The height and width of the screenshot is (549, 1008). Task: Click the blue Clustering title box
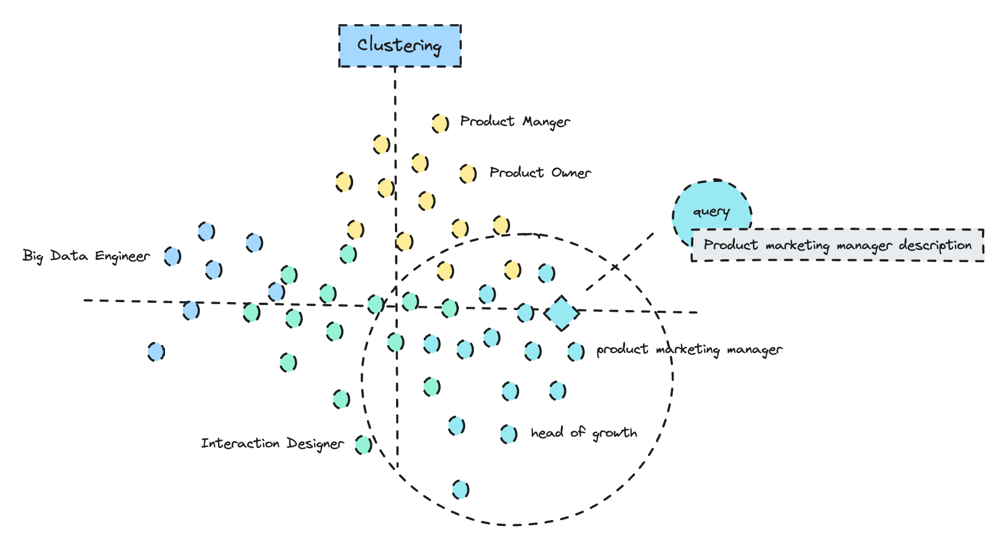click(399, 46)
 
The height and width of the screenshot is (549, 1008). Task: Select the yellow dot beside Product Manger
click(440, 123)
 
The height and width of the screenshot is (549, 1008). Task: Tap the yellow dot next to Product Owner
click(467, 173)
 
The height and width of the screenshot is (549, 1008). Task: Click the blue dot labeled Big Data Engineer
click(172, 256)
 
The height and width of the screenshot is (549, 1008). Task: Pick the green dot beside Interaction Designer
click(363, 445)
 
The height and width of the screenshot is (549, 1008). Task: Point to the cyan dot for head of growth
click(509, 434)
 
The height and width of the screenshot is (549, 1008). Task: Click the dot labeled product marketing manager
click(576, 351)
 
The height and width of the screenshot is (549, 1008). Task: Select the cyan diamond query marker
click(562, 313)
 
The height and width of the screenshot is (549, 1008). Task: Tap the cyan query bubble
click(711, 210)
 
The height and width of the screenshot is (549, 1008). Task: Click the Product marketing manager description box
click(837, 245)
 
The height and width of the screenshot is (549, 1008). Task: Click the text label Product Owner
click(540, 173)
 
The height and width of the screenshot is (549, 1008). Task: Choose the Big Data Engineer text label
click(86, 256)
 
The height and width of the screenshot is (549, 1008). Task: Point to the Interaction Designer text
click(272, 443)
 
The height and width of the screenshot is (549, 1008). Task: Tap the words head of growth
click(584, 433)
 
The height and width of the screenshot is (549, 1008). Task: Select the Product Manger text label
click(515, 121)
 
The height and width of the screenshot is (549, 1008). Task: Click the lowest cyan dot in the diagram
click(460, 489)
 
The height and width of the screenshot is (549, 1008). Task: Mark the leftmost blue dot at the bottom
click(156, 352)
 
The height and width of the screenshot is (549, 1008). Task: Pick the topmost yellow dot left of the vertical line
click(381, 145)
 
